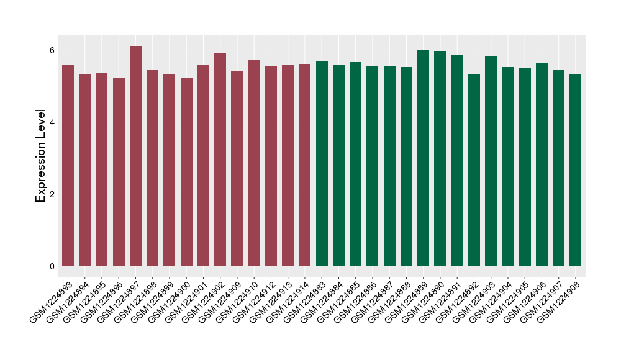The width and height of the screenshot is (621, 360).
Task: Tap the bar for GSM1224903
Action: click(491, 161)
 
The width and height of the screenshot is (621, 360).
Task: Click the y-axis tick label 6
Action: click(53, 50)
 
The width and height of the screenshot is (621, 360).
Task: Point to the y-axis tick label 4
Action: click(53, 122)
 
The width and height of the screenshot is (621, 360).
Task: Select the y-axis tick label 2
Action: click(53, 194)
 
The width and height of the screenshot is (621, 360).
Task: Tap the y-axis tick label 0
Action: click(53, 266)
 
